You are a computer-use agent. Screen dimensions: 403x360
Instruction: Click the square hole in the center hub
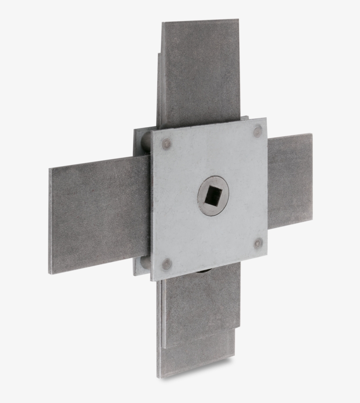213,196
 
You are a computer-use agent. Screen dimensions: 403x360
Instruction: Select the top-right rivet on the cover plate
258,131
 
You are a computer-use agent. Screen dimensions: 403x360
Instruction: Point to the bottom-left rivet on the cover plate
166,264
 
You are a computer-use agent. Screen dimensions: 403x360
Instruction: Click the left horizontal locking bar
99,215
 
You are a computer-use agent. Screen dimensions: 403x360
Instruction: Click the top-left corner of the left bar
50,169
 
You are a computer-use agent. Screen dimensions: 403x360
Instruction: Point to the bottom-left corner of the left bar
50,274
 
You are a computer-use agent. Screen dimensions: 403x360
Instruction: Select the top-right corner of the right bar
312,134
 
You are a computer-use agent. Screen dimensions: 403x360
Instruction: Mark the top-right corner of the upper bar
238,19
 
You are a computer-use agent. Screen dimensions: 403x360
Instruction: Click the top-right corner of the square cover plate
266,118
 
